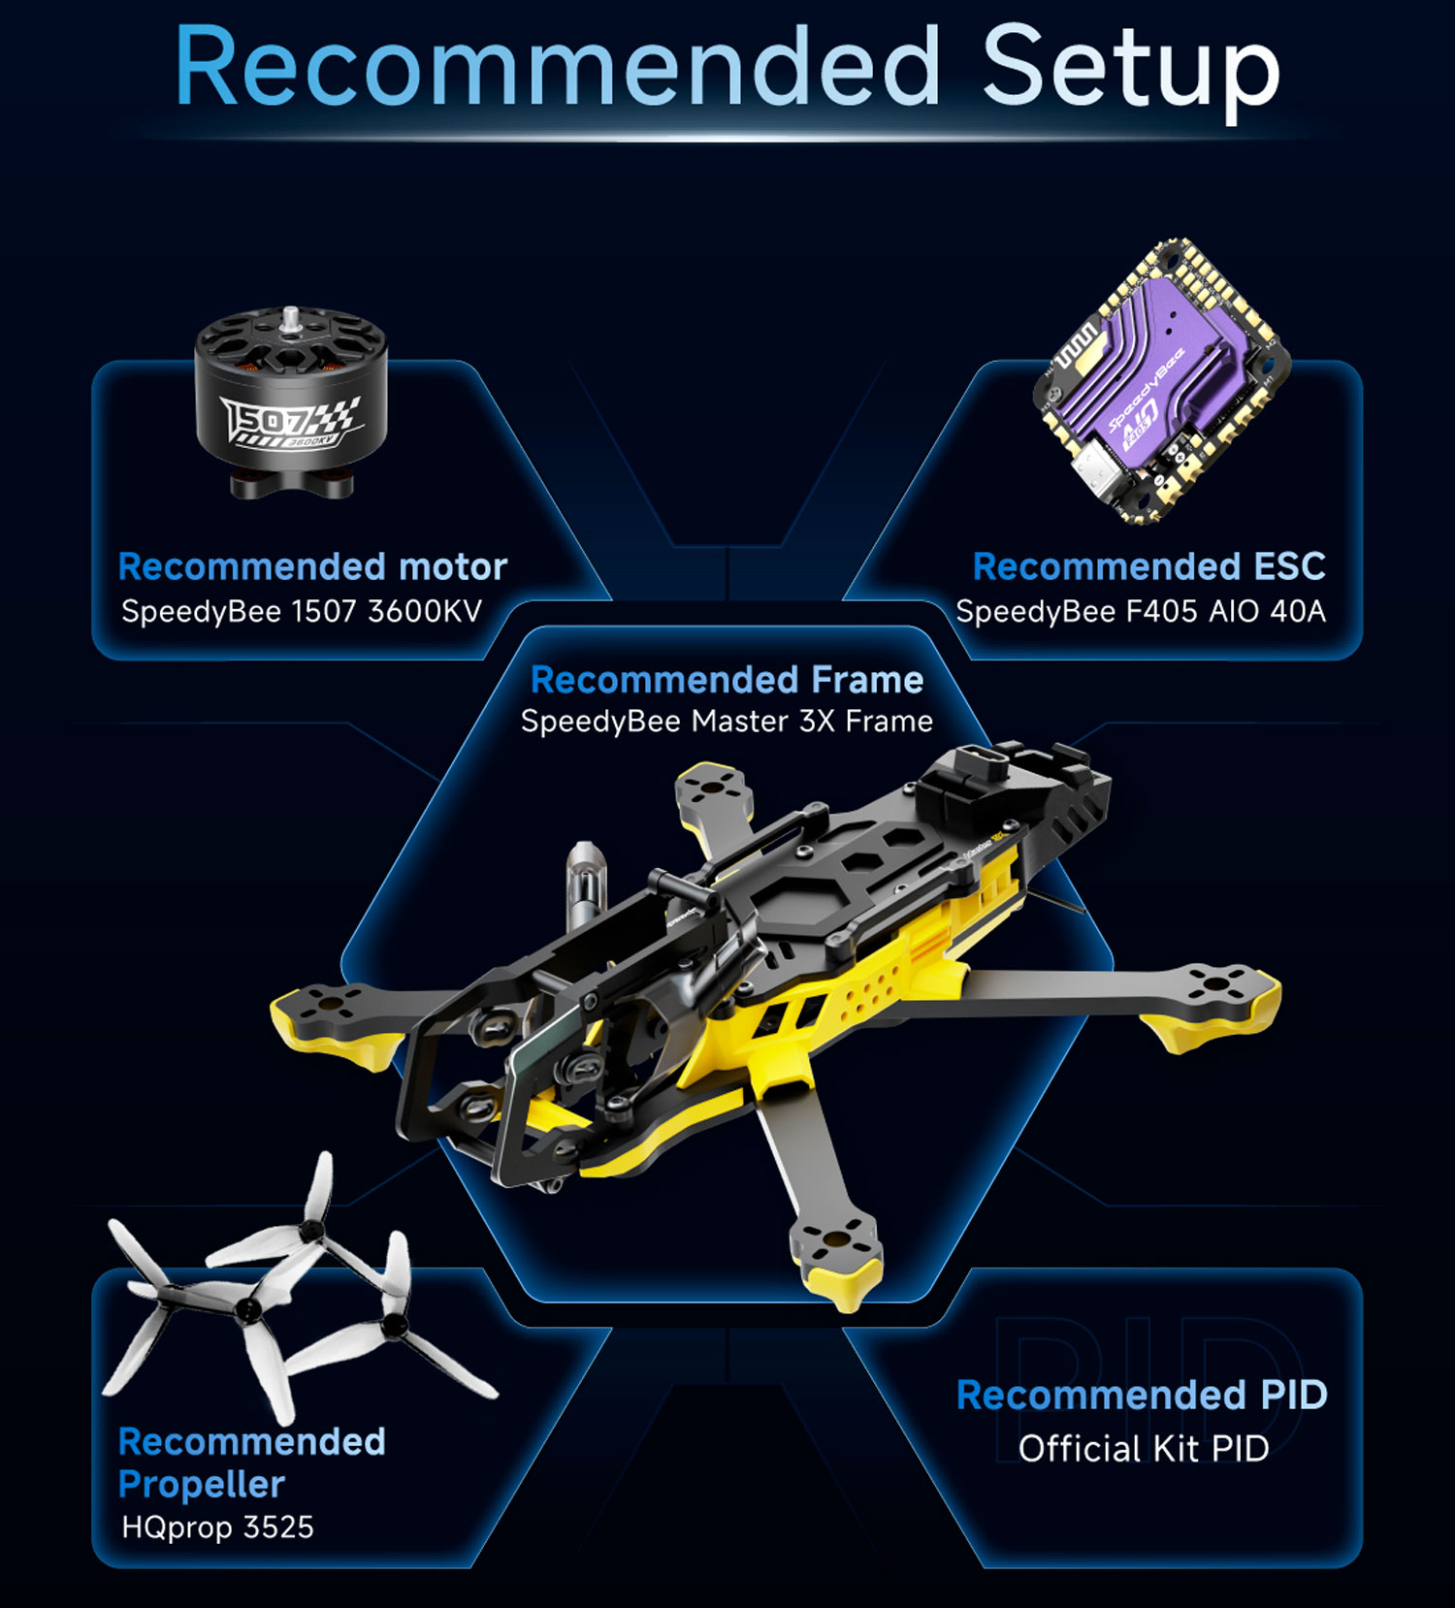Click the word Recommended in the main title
click(x=557, y=65)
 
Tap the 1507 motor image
click(x=290, y=403)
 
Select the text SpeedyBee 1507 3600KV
click(x=302, y=612)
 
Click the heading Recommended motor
click(x=312, y=566)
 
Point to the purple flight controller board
click(x=1161, y=381)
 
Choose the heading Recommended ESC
click(x=1148, y=566)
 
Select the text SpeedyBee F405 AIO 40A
click(x=1141, y=612)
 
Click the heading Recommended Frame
click(x=727, y=680)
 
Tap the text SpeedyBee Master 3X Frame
click(x=727, y=722)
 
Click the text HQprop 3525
click(x=217, y=1528)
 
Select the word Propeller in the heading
click(x=202, y=1485)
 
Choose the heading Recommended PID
click(x=1142, y=1395)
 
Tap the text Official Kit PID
click(x=1144, y=1449)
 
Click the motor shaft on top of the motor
click(x=290, y=319)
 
